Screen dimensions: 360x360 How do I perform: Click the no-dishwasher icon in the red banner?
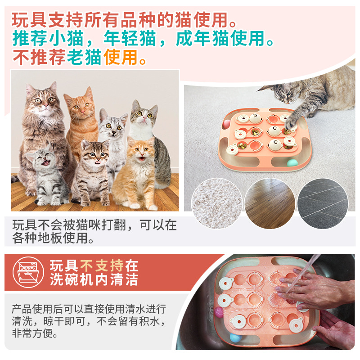[28, 272]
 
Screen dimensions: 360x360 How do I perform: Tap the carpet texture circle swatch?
[216, 203]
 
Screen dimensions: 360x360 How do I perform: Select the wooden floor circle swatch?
[270, 203]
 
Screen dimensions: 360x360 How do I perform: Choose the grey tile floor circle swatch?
[323, 203]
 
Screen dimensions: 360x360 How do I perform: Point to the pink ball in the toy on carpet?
[226, 124]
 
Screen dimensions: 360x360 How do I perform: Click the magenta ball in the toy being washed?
[219, 312]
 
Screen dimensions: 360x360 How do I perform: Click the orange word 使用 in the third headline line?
[121, 57]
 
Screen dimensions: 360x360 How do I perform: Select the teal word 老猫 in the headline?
[84, 57]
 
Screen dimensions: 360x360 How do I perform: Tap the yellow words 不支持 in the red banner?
[102, 265]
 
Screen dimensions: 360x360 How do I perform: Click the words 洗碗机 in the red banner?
[72, 279]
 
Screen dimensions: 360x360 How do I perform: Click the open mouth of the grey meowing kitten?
[46, 163]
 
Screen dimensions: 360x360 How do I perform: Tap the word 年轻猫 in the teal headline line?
[130, 39]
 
